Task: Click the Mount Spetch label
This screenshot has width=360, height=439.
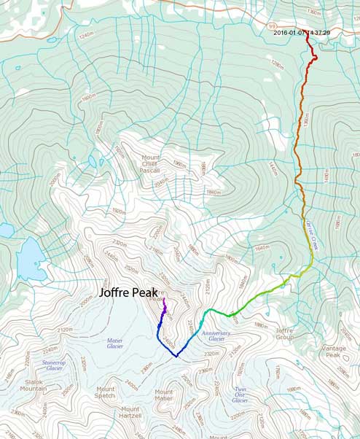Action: tap(106, 392)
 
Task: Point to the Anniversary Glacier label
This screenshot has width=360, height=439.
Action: tap(216, 335)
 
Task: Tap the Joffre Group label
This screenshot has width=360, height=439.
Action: tap(283, 334)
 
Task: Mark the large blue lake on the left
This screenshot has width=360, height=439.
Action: tap(31, 257)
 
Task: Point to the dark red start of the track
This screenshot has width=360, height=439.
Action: tap(306, 37)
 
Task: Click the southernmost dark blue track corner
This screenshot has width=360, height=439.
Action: tap(176, 357)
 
